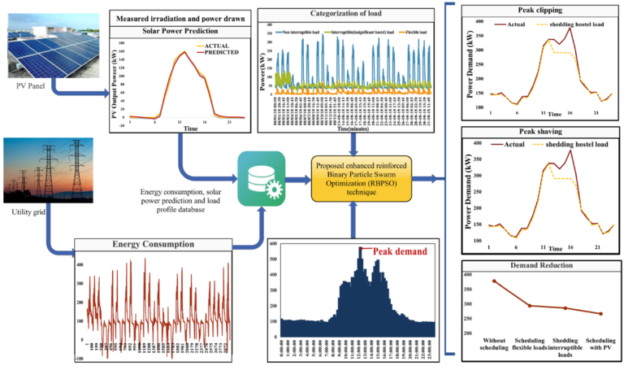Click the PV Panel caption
click(28, 84)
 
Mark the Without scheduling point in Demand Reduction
click(493, 281)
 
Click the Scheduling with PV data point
click(600, 313)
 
